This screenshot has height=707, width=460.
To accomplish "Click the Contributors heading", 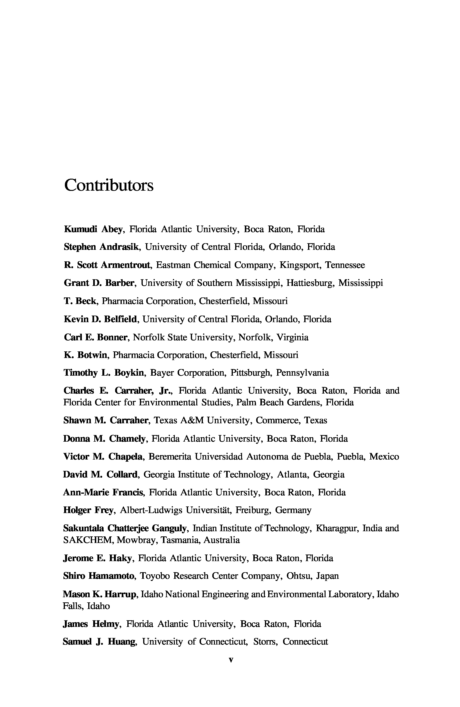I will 109,185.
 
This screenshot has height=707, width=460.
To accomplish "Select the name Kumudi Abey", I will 93,229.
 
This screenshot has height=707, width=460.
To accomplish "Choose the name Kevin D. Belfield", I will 100,319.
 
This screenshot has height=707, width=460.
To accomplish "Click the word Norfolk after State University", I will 255,337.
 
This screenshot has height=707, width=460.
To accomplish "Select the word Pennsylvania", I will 302,373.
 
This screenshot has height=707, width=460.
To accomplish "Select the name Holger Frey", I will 88,510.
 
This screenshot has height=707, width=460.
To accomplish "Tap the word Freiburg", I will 253,510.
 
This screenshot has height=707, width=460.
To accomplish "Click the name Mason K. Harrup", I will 99,594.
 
